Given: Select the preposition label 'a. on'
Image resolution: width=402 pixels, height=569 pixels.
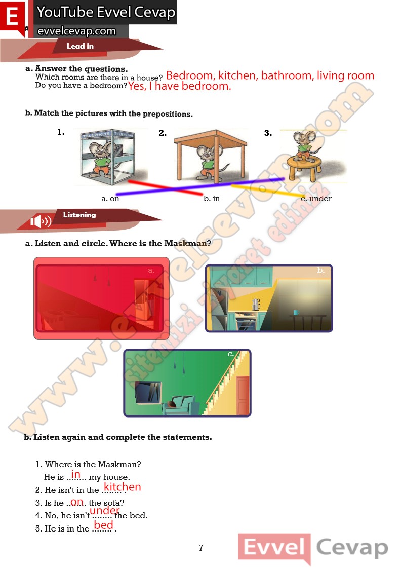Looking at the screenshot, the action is (x=110, y=199).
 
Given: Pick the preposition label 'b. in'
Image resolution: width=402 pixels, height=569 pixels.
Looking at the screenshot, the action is (x=212, y=199).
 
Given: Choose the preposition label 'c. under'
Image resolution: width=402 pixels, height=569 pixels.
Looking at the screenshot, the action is (x=316, y=199).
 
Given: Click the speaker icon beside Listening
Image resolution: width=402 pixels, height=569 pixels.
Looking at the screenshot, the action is (x=41, y=220).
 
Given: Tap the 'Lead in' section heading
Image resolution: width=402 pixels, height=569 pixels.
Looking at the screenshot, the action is (x=80, y=46).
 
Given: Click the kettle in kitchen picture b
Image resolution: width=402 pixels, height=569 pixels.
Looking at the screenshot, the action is (x=256, y=304).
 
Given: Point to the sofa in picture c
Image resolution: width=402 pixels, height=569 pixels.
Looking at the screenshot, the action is (x=180, y=405).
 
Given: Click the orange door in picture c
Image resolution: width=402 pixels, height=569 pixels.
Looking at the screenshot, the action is (x=243, y=395).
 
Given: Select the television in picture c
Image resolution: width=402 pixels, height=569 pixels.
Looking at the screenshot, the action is (x=148, y=392).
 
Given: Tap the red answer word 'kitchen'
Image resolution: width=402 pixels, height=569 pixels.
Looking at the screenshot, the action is (x=122, y=487).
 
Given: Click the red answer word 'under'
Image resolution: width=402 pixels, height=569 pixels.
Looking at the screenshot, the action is (x=104, y=511).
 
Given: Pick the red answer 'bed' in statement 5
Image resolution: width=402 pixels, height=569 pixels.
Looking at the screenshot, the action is (x=103, y=525).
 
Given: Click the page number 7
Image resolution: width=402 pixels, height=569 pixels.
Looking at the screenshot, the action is (x=201, y=548).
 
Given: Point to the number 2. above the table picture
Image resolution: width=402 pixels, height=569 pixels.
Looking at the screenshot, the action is (x=163, y=133).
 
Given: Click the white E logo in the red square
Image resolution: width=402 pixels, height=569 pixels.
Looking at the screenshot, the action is (x=13, y=16).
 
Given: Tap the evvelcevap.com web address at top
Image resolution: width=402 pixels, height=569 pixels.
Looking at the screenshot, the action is (x=77, y=31).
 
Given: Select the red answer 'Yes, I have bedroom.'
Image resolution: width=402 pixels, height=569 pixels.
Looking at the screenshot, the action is (x=179, y=86).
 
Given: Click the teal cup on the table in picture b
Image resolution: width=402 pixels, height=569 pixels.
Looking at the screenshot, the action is (x=296, y=313).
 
